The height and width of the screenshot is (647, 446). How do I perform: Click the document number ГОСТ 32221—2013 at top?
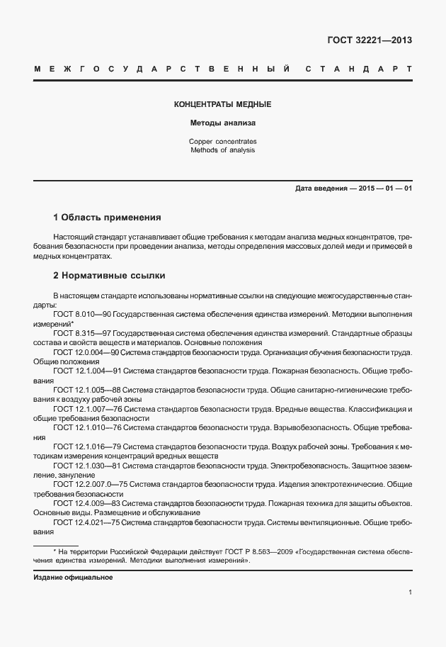coord(369,40)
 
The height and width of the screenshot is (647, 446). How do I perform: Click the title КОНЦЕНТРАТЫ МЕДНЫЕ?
coord(222,105)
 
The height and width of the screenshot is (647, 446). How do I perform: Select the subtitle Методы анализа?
coord(222,123)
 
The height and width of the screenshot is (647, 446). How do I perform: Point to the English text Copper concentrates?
coord(222,142)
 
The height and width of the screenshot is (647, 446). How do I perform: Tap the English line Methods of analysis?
coord(222,150)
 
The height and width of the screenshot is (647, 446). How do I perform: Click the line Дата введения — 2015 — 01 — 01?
coord(353,188)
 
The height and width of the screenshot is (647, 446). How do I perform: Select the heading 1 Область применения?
coord(108,216)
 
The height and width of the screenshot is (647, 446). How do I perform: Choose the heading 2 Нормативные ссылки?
coord(109,275)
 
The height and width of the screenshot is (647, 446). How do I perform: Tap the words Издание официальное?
coord(73,577)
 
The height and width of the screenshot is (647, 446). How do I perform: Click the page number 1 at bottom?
coord(410,593)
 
